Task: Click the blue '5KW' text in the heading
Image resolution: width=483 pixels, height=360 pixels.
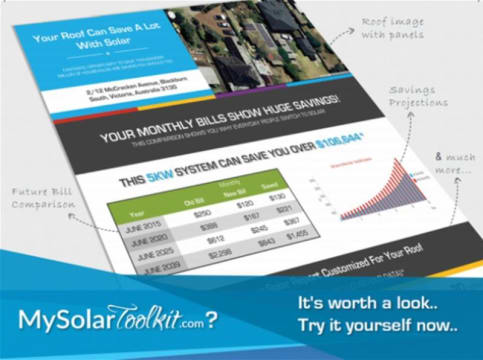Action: pos(186,180)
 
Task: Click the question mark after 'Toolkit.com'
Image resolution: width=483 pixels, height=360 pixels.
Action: pos(240,318)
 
